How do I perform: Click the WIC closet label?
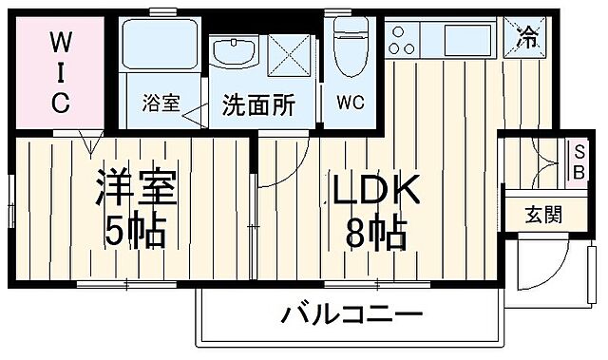tap(60, 73)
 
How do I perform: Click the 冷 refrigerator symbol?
tap(527, 38)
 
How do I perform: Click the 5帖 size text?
tap(136, 230)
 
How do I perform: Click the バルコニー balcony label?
tap(351, 314)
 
